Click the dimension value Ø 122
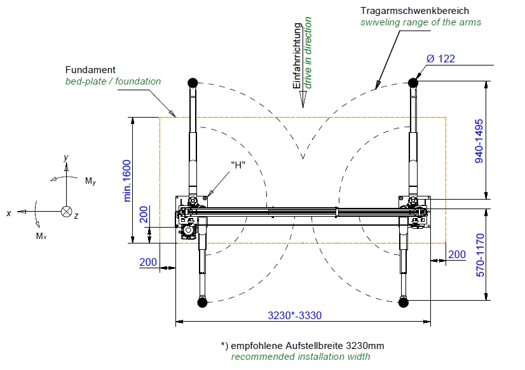[440, 58]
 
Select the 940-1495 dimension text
[480, 140]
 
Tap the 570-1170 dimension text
[480, 255]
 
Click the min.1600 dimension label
[127, 181]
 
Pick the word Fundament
[90, 69]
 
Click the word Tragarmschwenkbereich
[414, 11]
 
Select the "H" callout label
[238, 165]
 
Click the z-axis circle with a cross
[66, 212]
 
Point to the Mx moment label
[41, 236]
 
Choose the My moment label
[90, 181]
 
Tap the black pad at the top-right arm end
[414, 82]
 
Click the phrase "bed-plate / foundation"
[113, 81]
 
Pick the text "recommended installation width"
[301, 357]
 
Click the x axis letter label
[9, 214]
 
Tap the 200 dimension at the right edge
[456, 255]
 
